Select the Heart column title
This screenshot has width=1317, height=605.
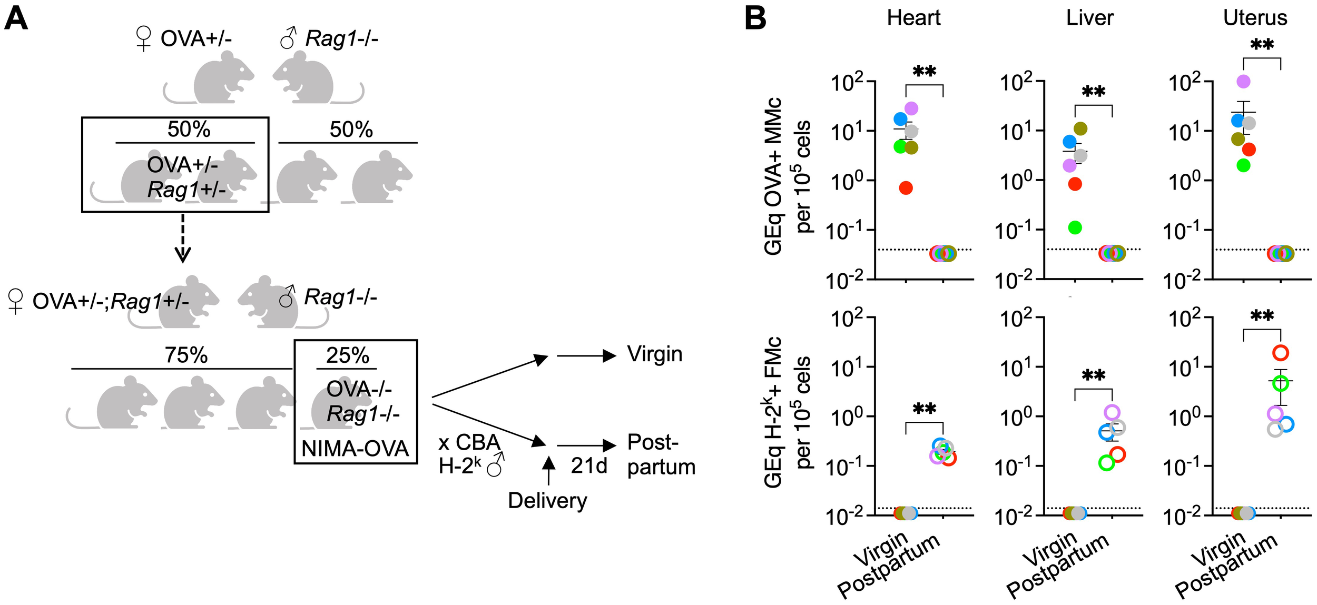(x=913, y=18)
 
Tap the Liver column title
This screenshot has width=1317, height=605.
(x=1089, y=18)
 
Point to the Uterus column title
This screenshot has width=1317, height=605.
(x=1255, y=18)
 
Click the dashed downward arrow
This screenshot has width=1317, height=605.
(x=183, y=237)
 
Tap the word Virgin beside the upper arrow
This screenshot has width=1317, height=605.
(x=654, y=354)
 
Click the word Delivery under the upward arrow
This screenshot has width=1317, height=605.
(x=547, y=500)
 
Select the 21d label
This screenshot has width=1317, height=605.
(x=589, y=466)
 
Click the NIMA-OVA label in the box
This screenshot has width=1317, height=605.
(x=355, y=449)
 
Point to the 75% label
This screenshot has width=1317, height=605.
(x=186, y=355)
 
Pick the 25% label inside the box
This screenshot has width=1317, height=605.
(x=347, y=355)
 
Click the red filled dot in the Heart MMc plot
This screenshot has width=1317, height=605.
(x=906, y=188)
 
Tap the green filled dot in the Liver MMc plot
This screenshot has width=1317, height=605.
(x=1075, y=227)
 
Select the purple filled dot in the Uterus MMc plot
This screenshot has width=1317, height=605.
(x=1244, y=82)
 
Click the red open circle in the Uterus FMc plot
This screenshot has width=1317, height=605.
(x=1281, y=352)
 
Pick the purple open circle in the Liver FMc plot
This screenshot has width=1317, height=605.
(x=1112, y=412)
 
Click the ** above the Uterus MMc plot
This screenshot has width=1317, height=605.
(x=1262, y=44)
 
